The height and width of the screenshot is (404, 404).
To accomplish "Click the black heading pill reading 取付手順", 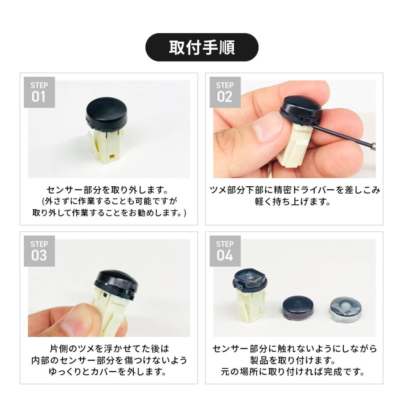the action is [x=202, y=47].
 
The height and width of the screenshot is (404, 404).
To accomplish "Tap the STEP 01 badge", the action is [x=39, y=92].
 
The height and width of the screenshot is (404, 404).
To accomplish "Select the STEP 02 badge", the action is [x=225, y=92].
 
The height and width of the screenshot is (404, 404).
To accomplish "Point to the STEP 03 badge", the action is [x=39, y=251].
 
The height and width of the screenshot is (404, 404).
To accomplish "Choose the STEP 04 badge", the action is [x=225, y=251].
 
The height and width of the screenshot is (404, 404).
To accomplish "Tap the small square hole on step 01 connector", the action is [x=112, y=156].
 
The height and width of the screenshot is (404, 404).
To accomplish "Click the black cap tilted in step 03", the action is [x=116, y=285].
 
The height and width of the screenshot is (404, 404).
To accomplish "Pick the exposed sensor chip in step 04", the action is [x=250, y=277].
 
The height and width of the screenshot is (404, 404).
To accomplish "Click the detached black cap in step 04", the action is [x=298, y=308].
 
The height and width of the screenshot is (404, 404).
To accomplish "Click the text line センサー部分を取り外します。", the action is [x=107, y=190].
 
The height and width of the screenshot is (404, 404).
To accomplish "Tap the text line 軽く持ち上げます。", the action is [x=293, y=201].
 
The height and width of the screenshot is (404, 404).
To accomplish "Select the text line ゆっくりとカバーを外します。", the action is [x=107, y=371].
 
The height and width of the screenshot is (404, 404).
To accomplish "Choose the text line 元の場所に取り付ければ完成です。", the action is [x=293, y=371].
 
